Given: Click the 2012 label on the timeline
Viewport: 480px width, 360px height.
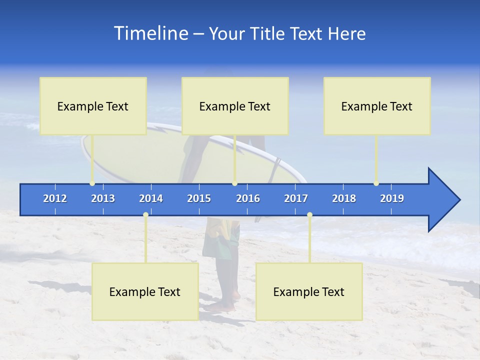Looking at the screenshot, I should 55,198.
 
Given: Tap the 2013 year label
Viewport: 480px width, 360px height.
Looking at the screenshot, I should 103,198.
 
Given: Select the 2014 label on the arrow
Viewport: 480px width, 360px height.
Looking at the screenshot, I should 151,198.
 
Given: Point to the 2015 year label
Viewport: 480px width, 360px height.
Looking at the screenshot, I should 199,198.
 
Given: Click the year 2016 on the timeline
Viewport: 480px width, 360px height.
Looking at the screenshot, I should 248,198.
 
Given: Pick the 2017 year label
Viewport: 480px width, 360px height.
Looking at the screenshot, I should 296,198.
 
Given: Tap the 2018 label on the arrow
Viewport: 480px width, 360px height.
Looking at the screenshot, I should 344,198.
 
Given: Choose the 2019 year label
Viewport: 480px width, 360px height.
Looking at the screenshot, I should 392,198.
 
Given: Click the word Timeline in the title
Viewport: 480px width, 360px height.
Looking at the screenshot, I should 150,33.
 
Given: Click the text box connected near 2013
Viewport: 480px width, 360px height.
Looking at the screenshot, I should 93,106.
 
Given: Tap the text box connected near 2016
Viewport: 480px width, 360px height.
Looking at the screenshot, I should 235,106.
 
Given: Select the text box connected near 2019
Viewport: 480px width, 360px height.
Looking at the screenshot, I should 377,106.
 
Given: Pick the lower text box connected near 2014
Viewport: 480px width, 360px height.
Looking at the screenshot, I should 145,291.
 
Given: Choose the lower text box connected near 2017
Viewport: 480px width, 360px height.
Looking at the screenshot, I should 309,291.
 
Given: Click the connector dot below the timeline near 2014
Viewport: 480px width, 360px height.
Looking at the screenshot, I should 145,215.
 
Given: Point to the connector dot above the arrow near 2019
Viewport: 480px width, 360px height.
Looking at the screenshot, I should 376,183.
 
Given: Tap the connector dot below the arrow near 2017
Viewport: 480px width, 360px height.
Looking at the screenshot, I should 309,215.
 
